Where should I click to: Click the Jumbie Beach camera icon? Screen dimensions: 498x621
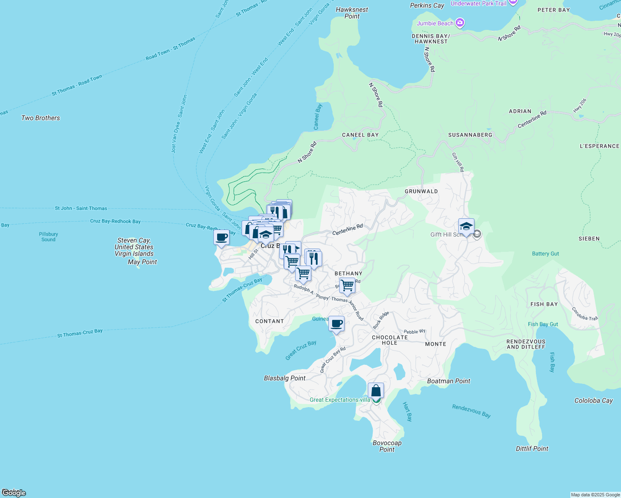point(460,23)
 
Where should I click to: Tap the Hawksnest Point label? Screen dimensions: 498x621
point(352,13)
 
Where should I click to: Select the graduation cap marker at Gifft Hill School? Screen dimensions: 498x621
point(466,227)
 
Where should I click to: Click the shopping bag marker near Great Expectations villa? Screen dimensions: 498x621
point(376,391)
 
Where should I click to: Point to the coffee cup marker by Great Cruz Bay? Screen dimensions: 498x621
point(337,323)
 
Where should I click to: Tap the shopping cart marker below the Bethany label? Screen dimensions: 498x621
point(347,286)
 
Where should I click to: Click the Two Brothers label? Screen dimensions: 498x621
point(41,118)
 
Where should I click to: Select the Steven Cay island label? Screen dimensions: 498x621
point(134,247)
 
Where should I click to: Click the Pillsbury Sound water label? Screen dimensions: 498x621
point(49,237)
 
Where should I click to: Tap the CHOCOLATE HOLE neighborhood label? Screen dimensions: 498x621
point(390,340)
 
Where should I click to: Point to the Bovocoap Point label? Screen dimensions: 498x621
point(387,446)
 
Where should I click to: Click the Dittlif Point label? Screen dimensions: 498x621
point(532,449)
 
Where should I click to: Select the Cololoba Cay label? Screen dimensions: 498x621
point(593,400)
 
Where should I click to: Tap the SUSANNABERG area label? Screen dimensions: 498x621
point(470,135)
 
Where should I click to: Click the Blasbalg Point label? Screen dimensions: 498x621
point(285,378)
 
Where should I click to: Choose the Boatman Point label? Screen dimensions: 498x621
point(449,381)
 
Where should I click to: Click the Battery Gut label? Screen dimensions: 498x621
point(545,254)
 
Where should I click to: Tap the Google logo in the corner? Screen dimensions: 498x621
point(14,493)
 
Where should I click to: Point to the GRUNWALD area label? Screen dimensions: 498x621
point(421,191)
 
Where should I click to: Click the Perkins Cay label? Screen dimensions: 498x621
point(427,5)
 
